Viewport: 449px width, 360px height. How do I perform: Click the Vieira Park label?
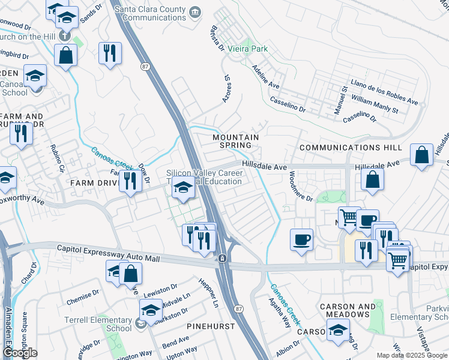point(251,49)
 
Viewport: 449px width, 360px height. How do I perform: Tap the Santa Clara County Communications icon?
point(194,12)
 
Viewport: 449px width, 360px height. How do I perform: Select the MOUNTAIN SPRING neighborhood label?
point(236,141)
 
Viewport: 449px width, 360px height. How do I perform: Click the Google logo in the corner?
point(20,352)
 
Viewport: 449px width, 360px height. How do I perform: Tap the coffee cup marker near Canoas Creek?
point(301,239)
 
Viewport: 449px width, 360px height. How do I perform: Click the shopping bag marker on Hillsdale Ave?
point(423,154)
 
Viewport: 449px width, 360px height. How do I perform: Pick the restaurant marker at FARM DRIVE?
point(130,181)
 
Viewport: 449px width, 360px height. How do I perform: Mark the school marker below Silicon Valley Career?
point(183,188)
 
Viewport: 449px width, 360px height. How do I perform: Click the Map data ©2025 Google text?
point(411,355)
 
